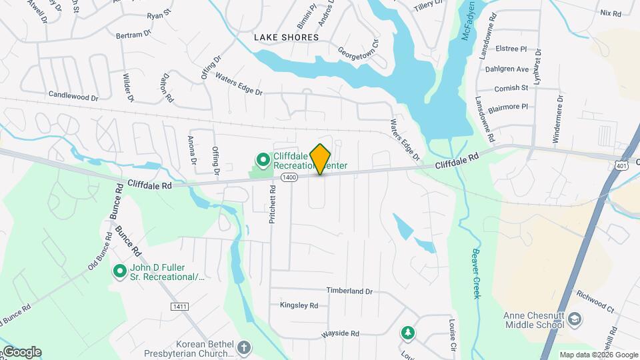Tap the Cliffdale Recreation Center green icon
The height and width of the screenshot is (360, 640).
click(263, 159)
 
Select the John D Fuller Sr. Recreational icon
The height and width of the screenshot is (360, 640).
click(120, 271)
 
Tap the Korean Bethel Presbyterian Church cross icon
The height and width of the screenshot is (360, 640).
click(245, 347)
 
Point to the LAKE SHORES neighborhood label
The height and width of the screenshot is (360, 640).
click(286, 37)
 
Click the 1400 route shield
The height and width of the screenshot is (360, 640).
click(289, 177)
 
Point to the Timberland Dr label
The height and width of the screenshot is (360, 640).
click(349, 291)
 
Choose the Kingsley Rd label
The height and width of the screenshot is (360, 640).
click(299, 305)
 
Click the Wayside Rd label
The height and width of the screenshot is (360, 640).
click(340, 333)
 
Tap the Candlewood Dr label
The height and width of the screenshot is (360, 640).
click(73, 96)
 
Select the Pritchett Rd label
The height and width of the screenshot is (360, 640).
click(273, 209)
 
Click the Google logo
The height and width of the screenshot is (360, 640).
click(21, 352)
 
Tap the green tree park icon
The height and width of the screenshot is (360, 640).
click(407, 332)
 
